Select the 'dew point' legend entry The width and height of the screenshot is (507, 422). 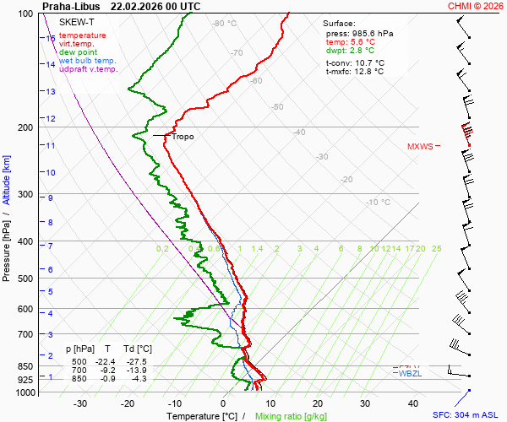click(x=77, y=52)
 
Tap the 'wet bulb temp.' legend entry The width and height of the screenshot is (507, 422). click(x=88, y=61)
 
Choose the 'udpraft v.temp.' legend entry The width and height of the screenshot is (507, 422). click(x=89, y=69)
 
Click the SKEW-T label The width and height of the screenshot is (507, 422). click(x=77, y=21)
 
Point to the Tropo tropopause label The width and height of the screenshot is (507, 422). click(x=183, y=136)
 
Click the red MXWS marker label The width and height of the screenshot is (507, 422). click(x=419, y=146)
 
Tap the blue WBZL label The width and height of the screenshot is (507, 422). click(x=410, y=373)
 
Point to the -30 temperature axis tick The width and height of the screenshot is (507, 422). click(x=80, y=403)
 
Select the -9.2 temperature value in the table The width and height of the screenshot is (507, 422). click(x=107, y=371)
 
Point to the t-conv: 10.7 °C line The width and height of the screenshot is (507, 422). click(x=355, y=62)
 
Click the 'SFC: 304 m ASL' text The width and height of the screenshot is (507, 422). click(x=465, y=415)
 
